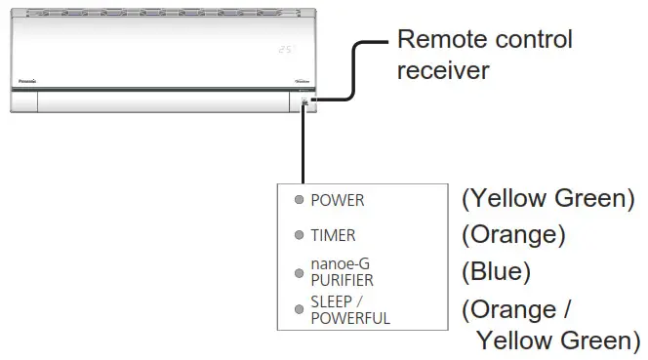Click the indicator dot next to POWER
[x=300, y=201]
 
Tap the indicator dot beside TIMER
[x=300, y=236]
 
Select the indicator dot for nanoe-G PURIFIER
[x=300, y=272]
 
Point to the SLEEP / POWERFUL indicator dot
[x=300, y=309]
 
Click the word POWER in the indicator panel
[x=337, y=201]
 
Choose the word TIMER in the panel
[x=333, y=236]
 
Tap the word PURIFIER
[x=344, y=280]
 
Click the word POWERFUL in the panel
[x=350, y=318]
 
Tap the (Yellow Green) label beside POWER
[x=547, y=199]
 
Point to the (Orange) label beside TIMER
[x=513, y=235]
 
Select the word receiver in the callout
[x=443, y=72]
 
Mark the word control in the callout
[x=534, y=40]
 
